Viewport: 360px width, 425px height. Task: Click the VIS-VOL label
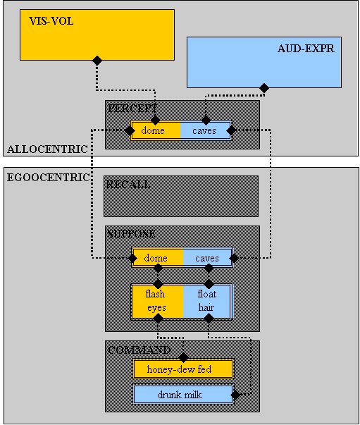51,21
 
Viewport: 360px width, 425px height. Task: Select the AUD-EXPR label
306,49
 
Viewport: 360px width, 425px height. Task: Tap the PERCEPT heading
132,108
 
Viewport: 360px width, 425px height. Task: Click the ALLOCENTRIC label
47,149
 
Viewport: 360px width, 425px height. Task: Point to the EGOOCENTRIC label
48,178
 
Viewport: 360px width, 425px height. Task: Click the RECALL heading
128,185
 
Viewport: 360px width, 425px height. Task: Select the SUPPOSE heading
131,233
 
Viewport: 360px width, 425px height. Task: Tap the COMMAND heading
139,350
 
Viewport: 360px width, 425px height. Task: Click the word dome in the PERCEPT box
153,130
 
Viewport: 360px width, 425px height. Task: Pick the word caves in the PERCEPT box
204,131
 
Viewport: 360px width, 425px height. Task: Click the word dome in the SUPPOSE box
156,258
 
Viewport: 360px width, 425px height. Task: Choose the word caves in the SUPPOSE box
207,258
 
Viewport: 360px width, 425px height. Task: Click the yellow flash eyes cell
157,301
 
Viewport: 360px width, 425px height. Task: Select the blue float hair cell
206,301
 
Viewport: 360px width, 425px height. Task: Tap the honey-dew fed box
183,369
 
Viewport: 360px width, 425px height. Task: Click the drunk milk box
183,395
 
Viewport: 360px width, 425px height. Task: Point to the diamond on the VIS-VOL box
97,60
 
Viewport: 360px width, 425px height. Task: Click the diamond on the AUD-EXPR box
264,88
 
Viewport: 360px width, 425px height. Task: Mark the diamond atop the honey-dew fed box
183,357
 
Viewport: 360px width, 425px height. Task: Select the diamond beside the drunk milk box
235,395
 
